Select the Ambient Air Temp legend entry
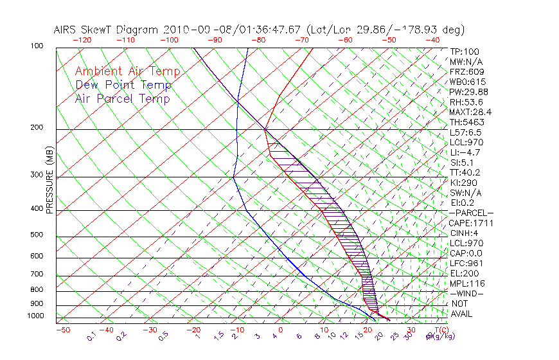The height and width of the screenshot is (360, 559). coord(127,71)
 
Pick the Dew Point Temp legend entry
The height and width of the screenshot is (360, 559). coord(123,85)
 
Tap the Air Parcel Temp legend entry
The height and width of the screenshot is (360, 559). coord(123,98)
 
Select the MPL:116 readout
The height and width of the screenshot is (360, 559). coord(467,283)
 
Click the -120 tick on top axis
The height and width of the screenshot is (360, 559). coord(82,40)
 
